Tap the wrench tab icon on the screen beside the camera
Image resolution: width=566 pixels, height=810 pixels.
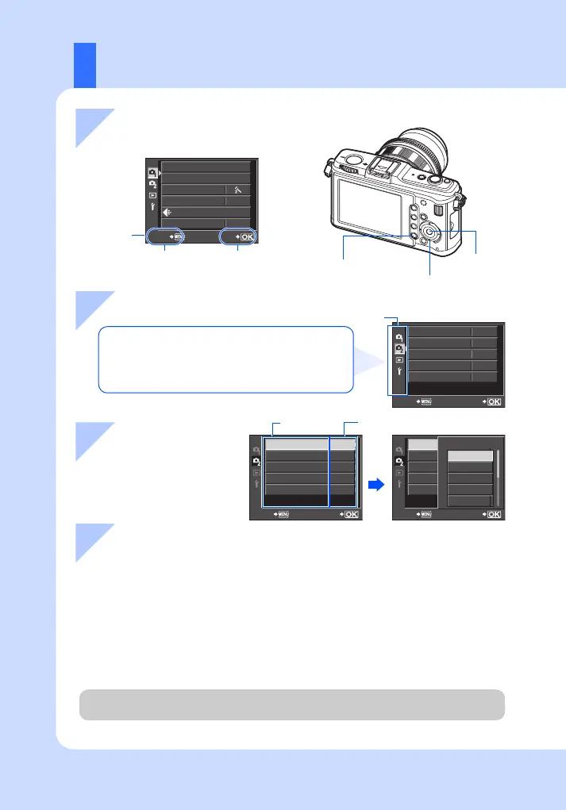coord(152,208)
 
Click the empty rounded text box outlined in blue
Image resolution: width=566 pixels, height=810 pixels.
coord(225,359)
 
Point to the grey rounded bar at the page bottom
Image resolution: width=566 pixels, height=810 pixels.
coord(291,704)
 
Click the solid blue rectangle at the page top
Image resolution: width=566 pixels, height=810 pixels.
coord(85,64)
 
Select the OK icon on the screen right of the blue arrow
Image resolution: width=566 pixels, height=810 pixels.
coord(493,515)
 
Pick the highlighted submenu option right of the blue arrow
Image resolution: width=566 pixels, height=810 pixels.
coord(469,457)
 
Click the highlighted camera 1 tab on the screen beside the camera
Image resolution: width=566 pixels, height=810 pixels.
coord(151,171)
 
